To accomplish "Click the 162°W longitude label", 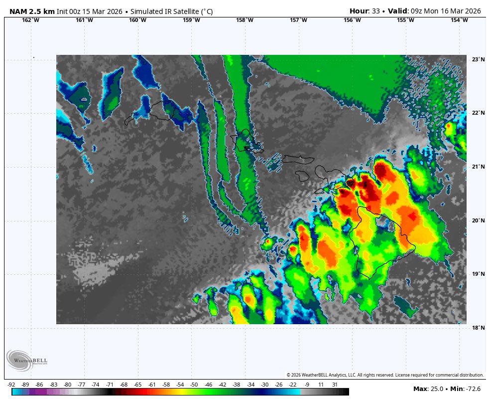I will coord(31,20).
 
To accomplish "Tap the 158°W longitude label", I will coord(245,20).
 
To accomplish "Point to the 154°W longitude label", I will coord(459,20).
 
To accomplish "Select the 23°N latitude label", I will coord(478,60).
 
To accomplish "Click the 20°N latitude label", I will coord(478,220).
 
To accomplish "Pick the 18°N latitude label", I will coord(478,328).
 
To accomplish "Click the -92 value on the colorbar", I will coord(11,385).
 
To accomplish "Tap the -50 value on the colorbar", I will coord(194,385).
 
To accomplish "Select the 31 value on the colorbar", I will coord(335,385).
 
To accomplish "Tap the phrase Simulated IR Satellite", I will coord(161,10).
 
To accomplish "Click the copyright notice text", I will coord(385,375).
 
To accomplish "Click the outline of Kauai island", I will coord(161,110).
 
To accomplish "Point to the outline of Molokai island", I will coord(298,159).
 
